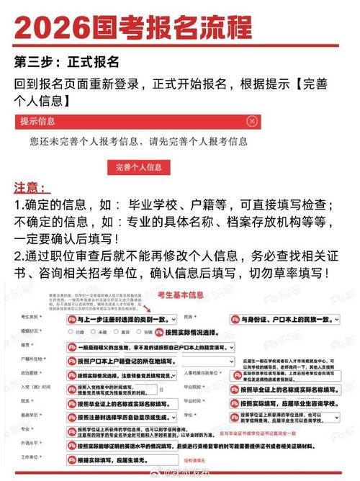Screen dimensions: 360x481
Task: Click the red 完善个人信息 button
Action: [x=138, y=168]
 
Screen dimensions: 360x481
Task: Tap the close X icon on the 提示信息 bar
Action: [x=251, y=121]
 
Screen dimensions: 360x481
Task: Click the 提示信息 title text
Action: [x=38, y=121]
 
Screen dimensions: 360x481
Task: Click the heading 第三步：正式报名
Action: [x=66, y=60]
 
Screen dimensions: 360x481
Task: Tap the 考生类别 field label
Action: [x=30, y=318]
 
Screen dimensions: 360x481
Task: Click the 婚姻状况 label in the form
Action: [x=30, y=332]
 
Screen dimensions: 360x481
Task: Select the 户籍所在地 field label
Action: [x=30, y=359]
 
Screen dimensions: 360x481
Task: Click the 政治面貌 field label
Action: [x=30, y=373]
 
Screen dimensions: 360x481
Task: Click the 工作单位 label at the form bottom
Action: [x=30, y=458]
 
